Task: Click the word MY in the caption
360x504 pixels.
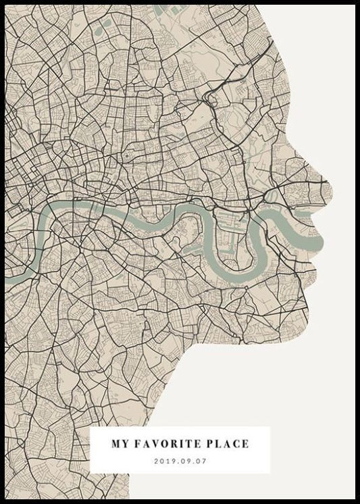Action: click(120, 444)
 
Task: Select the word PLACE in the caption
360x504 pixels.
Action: click(230, 444)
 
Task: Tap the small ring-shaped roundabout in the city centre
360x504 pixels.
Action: click(126, 157)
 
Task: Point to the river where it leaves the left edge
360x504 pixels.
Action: click(9, 277)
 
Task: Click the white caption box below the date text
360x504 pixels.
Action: click(180, 469)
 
